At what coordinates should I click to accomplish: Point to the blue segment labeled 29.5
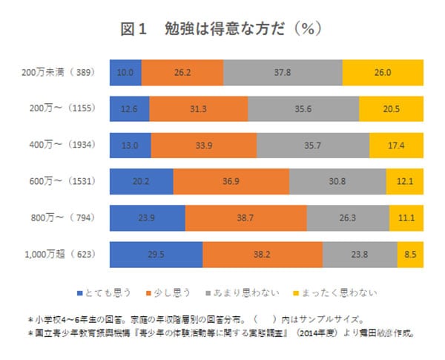pos(156,254)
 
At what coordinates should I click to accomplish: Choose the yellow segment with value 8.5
pos(410,254)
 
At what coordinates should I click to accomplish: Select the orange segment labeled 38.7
pos(245,218)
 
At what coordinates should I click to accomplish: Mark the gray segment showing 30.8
pos(337,182)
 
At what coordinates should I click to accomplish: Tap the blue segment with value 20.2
pos(141,182)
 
